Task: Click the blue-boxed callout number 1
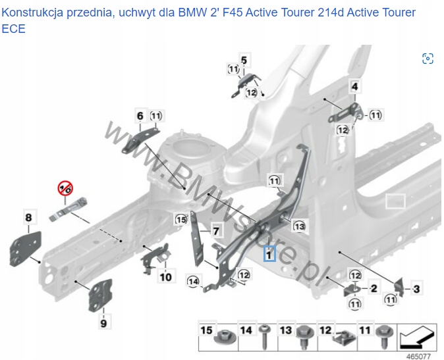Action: click(269, 253)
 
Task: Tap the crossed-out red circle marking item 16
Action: click(65, 189)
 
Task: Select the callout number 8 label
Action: click(28, 217)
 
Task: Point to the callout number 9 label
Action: click(103, 322)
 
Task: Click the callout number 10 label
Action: click(165, 277)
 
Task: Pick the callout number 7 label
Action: click(215, 230)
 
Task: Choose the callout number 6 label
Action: click(140, 116)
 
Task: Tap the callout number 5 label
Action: click(244, 61)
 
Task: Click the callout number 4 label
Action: click(354, 87)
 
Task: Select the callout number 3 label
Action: click(416, 288)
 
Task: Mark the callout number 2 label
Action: click(374, 288)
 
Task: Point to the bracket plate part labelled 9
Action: click(100, 296)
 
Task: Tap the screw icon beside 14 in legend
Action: click(265, 336)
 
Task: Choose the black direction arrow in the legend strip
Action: click(416, 336)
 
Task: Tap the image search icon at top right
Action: click(428, 59)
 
